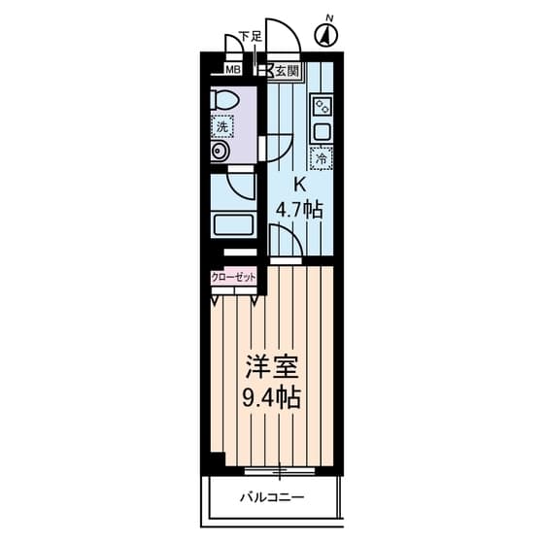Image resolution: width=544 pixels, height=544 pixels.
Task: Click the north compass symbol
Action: pyautogui.click(x=326, y=35)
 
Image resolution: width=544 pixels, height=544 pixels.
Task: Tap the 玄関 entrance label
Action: pyautogui.click(x=287, y=72)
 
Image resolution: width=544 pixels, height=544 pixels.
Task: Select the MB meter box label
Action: pyautogui.click(x=233, y=70)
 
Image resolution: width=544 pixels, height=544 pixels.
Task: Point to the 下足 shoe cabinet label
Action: pyautogui.click(x=252, y=37)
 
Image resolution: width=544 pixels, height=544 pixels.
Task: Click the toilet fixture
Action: pyautogui.click(x=224, y=100)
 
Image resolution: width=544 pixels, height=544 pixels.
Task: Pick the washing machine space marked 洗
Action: pyautogui.click(x=222, y=126)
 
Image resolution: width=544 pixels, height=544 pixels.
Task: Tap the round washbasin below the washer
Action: pyautogui.click(x=220, y=152)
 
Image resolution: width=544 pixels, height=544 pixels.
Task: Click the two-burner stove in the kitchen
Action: pyautogui.click(x=323, y=106)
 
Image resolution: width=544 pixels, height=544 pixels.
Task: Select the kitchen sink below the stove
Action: pyautogui.click(x=323, y=131)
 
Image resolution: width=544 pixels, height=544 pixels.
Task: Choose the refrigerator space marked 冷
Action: pyautogui.click(x=322, y=158)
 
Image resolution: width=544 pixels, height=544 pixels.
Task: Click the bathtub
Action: pyautogui.click(x=233, y=225)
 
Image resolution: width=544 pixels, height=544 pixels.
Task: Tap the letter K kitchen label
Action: pyautogui.click(x=300, y=185)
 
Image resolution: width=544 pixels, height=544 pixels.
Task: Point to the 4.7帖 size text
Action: pyautogui.click(x=299, y=210)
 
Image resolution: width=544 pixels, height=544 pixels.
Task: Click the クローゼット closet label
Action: pyautogui.click(x=233, y=278)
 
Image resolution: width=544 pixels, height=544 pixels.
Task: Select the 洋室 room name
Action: pyautogui.click(x=272, y=367)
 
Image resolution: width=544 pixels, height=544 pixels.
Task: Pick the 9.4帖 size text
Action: pyautogui.click(x=271, y=398)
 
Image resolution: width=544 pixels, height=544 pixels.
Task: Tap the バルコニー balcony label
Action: pyautogui.click(x=272, y=497)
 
